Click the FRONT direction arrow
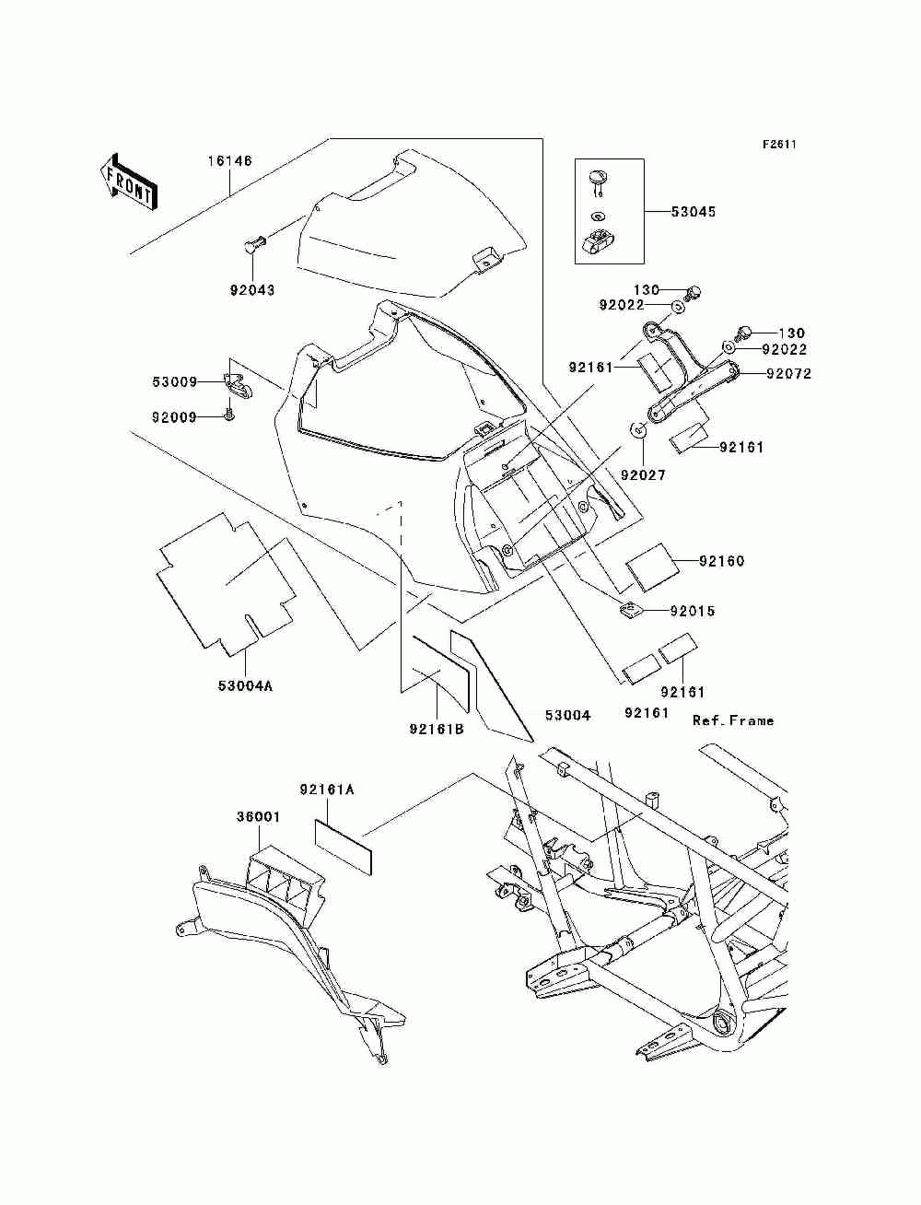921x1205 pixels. click(x=129, y=181)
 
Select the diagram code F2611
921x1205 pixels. click(x=779, y=145)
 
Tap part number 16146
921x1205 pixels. click(x=229, y=161)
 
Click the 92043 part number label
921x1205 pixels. click(x=252, y=290)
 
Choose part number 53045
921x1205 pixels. click(x=694, y=212)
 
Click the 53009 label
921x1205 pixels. click(x=175, y=381)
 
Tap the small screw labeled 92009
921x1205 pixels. click(x=229, y=416)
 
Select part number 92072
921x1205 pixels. click(x=788, y=374)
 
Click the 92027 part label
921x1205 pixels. click(x=643, y=474)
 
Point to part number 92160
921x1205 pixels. click(x=721, y=561)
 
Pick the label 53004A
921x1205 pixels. click(x=245, y=685)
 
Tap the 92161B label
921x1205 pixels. click(x=437, y=729)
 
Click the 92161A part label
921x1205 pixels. click(x=327, y=790)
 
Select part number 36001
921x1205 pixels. click(x=259, y=832)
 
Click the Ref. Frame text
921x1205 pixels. click(x=733, y=720)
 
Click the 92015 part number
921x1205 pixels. click(x=692, y=611)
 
